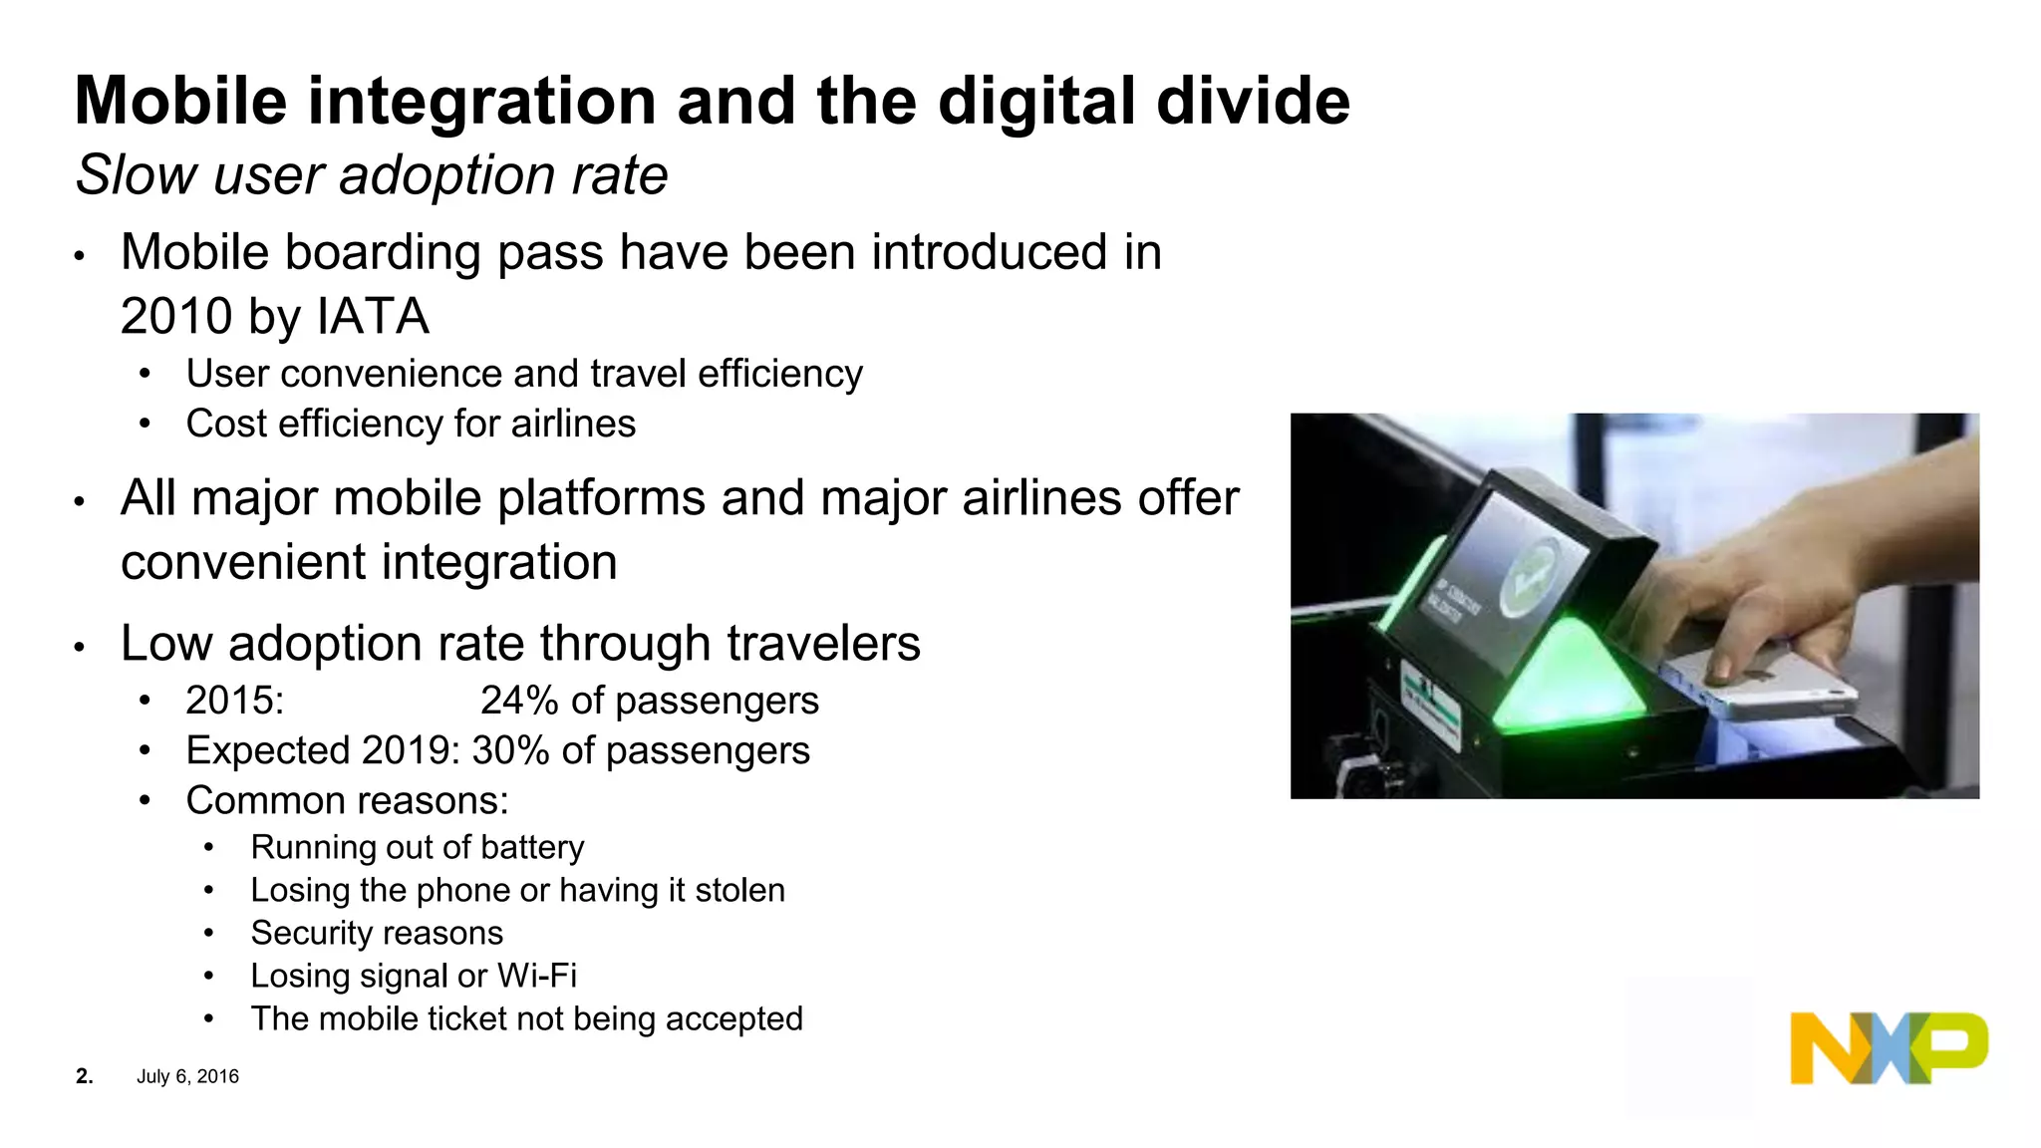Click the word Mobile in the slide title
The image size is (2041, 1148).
tap(180, 102)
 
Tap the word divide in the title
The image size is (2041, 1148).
tap(1253, 102)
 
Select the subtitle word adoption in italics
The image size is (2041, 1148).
tap(445, 175)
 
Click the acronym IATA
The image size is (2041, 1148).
tap(373, 317)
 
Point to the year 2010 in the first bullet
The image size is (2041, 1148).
tap(176, 317)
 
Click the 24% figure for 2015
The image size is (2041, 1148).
tap(518, 701)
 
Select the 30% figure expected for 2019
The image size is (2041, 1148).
tap(510, 750)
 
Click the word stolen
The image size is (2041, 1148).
tap(739, 890)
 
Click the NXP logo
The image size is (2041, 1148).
tap(1889, 1048)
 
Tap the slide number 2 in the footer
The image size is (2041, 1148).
tap(84, 1076)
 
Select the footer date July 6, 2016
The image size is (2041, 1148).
tap(187, 1076)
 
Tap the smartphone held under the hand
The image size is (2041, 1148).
tap(1764, 688)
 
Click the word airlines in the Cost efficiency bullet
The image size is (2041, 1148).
tap(573, 425)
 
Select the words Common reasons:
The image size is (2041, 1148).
tap(347, 801)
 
